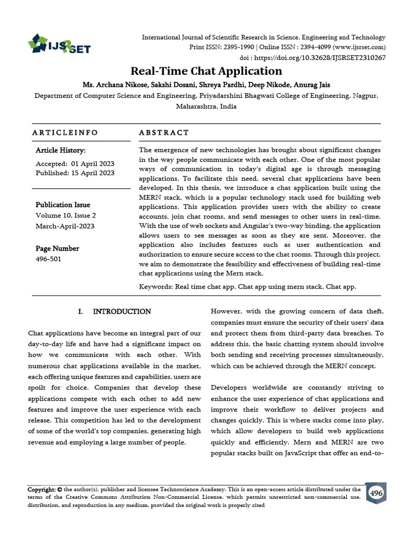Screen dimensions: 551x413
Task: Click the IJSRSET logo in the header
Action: pos(59,44)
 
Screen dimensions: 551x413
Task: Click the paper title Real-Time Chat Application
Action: pos(206,71)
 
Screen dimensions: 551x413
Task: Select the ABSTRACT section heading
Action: pos(164,132)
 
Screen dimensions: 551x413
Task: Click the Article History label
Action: pos(60,151)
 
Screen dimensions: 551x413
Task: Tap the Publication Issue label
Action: pos(63,204)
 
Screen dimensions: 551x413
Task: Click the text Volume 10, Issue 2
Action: pos(63,215)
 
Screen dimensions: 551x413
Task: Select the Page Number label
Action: pos(57,249)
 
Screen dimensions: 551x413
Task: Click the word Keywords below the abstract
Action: pos(155,287)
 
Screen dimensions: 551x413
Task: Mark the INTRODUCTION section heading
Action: pos(122,312)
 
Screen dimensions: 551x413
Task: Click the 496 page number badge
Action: pos(376,493)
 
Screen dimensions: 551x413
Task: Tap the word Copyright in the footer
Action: pos(41,490)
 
